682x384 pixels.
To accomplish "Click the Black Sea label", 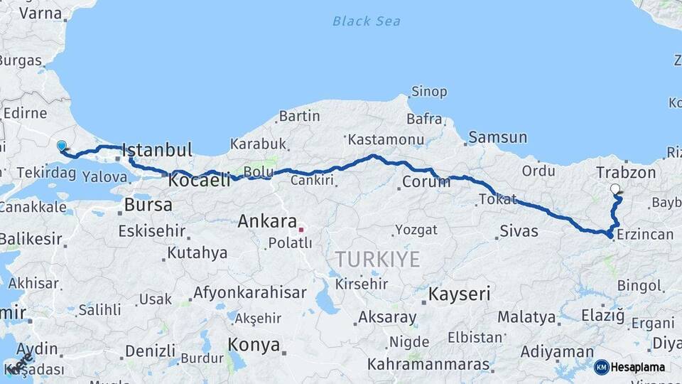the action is click(x=366, y=21).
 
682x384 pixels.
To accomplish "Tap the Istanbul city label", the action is click(x=157, y=150).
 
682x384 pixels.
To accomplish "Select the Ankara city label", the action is click(x=266, y=221).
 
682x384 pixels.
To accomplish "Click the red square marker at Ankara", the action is click(x=301, y=230).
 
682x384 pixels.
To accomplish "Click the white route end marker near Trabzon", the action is click(x=615, y=189).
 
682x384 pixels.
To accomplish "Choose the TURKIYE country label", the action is click(x=378, y=259).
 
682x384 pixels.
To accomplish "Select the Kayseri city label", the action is click(x=460, y=293).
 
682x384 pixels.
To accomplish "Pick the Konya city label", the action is click(x=254, y=345).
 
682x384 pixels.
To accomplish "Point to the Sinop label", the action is click(x=428, y=92).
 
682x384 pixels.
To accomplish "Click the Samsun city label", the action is click(x=497, y=137).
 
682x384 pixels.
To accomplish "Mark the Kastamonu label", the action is click(x=386, y=139).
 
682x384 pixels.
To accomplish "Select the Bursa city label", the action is click(x=148, y=205).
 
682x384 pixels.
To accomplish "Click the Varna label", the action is click(x=40, y=13).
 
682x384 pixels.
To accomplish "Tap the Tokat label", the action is click(x=498, y=200).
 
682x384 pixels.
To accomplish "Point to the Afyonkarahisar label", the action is click(x=250, y=292).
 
